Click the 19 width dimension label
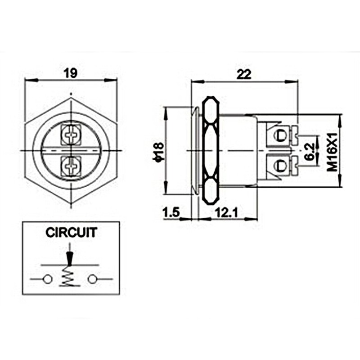point(71,72)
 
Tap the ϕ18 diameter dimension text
point(157,151)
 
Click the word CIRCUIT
point(71,233)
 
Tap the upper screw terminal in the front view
point(70,133)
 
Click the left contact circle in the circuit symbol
point(47,279)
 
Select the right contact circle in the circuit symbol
point(93,279)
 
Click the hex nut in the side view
point(210,151)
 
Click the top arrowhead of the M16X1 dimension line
point(339,117)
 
